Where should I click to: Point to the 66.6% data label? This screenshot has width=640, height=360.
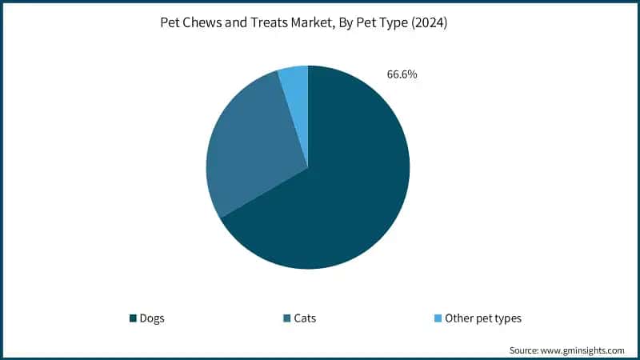[402, 75]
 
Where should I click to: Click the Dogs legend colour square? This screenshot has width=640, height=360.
[133, 318]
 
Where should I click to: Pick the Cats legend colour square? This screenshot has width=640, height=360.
[286, 318]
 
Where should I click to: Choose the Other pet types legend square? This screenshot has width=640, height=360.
[438, 318]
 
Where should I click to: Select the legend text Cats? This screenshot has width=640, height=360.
[305, 318]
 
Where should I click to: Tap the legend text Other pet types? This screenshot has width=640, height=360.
[483, 318]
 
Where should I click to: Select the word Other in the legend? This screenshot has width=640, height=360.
[458, 318]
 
